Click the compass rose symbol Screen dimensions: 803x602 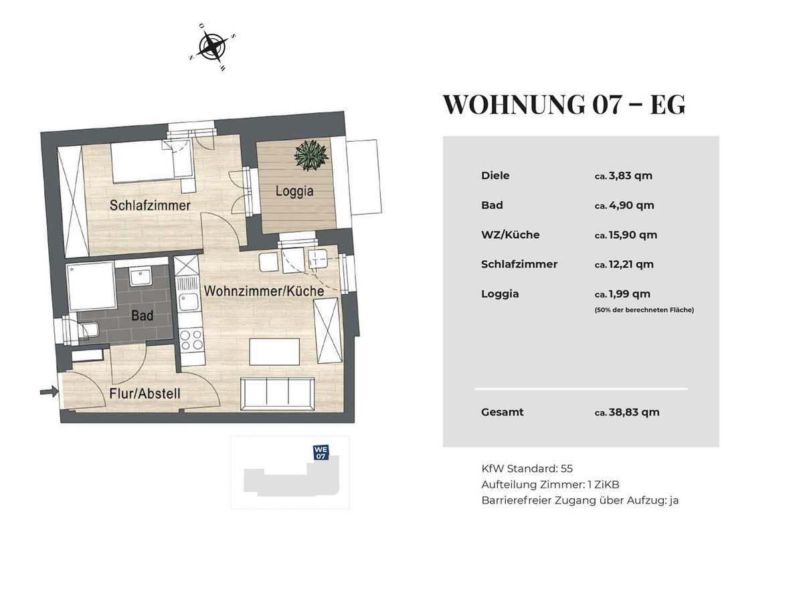coord(212,47)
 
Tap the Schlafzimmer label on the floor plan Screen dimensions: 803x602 coord(150,205)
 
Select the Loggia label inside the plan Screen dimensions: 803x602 coord(294,191)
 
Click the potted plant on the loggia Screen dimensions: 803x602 coord(311,155)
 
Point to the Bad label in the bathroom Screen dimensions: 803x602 coord(143,316)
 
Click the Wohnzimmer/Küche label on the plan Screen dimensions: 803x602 coord(264,291)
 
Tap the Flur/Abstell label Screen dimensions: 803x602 coord(145,393)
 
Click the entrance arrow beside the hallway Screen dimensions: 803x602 coord(49,391)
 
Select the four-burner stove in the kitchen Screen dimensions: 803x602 coord(192,340)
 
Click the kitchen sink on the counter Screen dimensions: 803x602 coord(189,302)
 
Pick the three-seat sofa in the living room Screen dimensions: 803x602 coord(277,394)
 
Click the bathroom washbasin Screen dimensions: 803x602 coord(140,278)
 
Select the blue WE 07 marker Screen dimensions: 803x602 coord(321,453)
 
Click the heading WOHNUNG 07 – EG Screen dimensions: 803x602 coord(563,104)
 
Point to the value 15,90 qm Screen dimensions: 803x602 coord(633,235)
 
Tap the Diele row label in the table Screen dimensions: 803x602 coord(495,175)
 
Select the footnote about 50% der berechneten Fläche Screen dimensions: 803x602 coord(644,310)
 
